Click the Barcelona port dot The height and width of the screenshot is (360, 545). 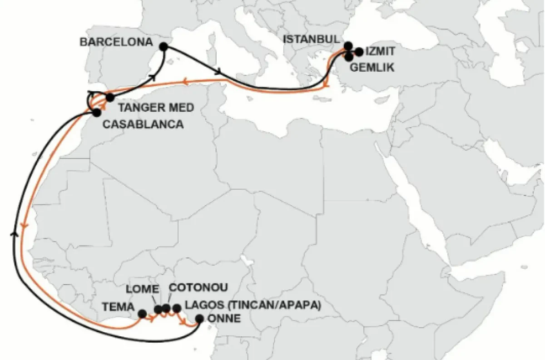[x=163, y=46]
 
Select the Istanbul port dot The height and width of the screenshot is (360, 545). [x=348, y=45]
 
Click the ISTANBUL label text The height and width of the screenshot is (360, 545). [x=312, y=39]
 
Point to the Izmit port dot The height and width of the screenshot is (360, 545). [x=359, y=52]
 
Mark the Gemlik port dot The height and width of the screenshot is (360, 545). [x=349, y=57]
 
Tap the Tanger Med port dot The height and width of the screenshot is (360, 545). [x=109, y=97]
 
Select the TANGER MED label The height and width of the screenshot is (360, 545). [x=156, y=108]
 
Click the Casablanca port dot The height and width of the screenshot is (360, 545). [x=96, y=113]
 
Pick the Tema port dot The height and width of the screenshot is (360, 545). [x=142, y=313]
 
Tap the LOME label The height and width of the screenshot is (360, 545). [x=143, y=289]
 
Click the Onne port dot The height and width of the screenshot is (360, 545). [x=199, y=319]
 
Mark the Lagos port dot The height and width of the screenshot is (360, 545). [x=177, y=309]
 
